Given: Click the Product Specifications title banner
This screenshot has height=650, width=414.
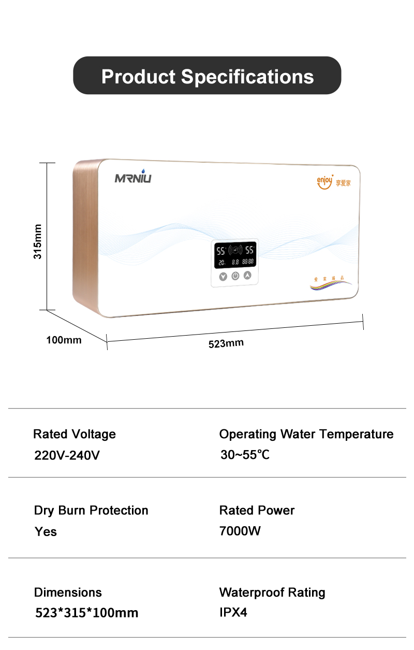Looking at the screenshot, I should tap(207, 76).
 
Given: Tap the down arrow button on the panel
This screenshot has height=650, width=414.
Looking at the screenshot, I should tap(223, 276).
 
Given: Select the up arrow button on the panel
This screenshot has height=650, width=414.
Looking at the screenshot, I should tap(247, 276).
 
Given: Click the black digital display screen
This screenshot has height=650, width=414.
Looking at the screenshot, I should tap(235, 255).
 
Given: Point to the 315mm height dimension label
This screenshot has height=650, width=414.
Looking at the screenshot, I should tap(37, 242).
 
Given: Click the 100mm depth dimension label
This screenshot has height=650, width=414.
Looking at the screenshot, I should tap(64, 340).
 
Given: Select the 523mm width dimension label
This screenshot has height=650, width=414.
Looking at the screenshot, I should tap(226, 343).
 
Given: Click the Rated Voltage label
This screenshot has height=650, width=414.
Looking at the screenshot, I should tap(75, 434).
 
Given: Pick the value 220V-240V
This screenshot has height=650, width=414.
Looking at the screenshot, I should tap(67, 456).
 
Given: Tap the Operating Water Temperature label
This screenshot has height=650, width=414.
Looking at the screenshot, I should tap(306, 434).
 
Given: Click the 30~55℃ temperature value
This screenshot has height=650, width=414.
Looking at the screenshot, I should tap(245, 455).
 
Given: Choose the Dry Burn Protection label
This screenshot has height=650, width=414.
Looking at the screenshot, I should tap(91, 510).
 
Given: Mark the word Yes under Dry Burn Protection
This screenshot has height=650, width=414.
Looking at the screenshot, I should tap(46, 531).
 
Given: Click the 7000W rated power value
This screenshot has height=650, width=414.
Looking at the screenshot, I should tap(240, 531).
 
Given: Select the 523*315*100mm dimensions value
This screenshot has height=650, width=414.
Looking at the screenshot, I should tap(87, 613).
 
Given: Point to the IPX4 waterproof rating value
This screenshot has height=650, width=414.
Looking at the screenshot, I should tap(233, 612).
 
